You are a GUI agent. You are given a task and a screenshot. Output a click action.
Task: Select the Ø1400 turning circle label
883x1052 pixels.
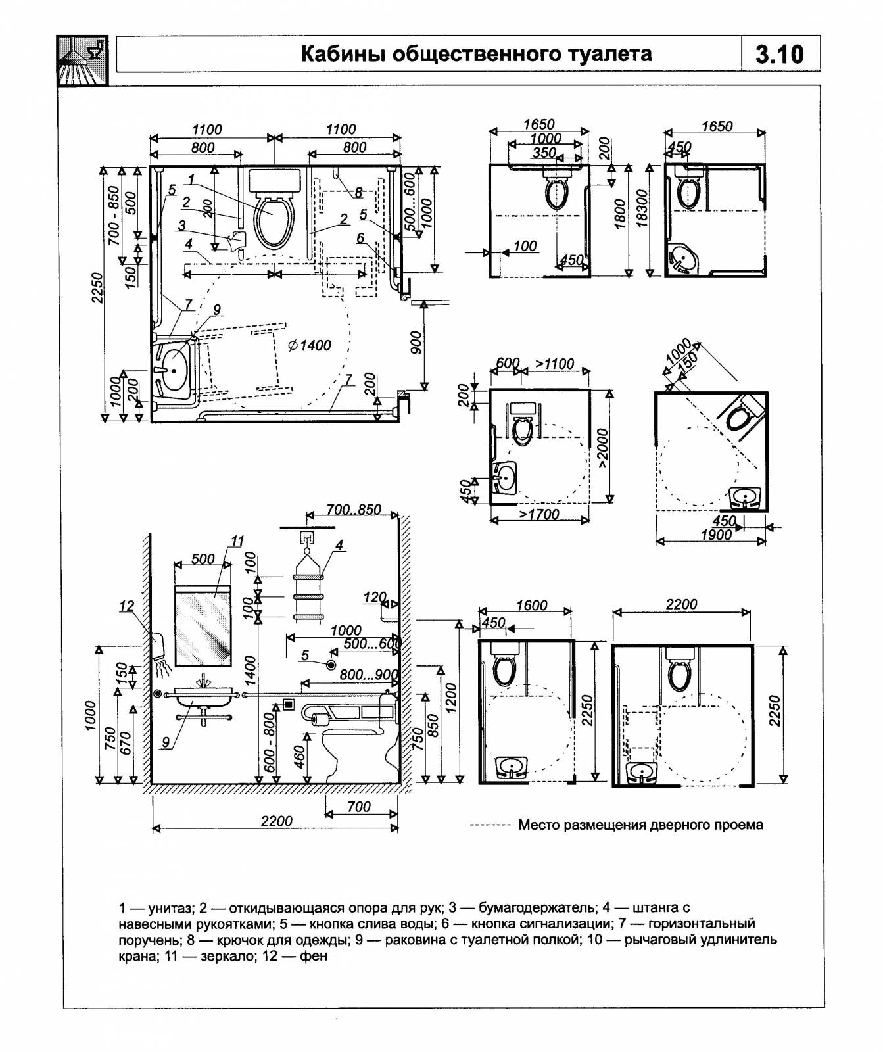[309, 345]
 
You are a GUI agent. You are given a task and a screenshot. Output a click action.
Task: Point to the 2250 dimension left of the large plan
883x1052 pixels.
[97, 287]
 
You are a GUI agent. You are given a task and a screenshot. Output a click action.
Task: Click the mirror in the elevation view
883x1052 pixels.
[203, 625]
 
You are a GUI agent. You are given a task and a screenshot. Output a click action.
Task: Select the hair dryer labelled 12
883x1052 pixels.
[158, 647]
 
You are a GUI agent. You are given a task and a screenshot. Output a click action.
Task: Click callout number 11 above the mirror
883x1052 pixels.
[237, 541]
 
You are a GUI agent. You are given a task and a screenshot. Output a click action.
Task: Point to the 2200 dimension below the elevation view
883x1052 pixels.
[276, 821]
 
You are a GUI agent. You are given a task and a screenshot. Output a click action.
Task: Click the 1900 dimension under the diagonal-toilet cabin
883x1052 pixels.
[715, 535]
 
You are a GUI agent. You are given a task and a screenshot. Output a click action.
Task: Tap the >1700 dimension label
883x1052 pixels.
[539, 514]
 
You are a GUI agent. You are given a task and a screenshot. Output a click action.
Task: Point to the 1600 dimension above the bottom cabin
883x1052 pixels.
[531, 605]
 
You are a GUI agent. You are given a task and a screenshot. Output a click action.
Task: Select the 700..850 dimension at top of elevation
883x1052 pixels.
[354, 509]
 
